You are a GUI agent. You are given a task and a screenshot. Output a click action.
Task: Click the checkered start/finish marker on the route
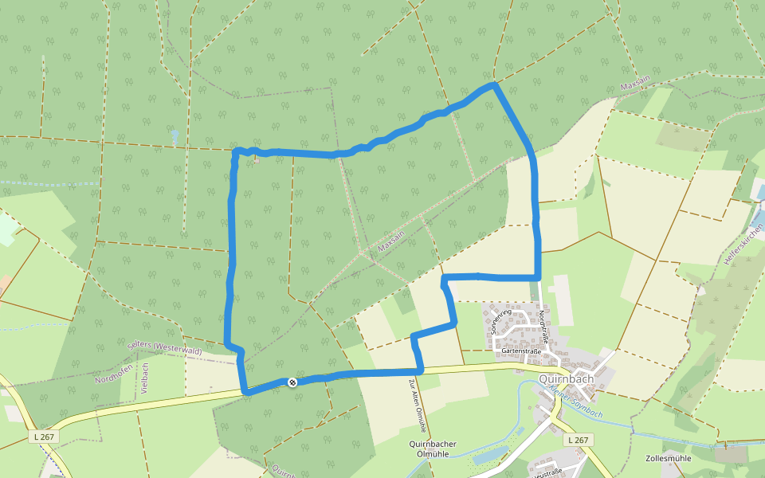292,382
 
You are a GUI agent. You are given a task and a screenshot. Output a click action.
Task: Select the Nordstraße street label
542,327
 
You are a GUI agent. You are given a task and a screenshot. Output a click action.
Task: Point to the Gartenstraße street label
522,350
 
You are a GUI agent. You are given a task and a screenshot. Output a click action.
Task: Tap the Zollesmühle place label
669,458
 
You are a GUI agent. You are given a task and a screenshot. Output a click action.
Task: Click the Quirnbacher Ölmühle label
431,449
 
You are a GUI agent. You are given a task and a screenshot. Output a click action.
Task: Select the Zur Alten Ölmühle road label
417,406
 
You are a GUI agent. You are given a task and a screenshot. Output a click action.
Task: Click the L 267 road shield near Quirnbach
578,440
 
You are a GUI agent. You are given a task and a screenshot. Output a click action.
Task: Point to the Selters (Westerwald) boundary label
164,347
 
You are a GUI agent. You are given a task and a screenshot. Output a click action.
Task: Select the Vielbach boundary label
145,379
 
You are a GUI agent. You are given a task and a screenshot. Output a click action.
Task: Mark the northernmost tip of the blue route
494,84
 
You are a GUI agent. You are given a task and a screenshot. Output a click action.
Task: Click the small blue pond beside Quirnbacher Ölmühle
488,456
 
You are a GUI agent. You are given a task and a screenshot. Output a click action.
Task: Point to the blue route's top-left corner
236,151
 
